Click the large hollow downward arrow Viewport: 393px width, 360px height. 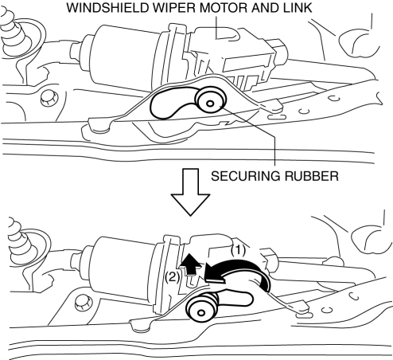click(190, 192)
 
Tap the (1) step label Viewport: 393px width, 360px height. click(238, 250)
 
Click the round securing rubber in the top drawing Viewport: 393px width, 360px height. click(211, 100)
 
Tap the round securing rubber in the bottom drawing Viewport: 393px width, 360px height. click(201, 308)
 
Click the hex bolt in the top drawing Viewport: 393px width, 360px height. click(49, 98)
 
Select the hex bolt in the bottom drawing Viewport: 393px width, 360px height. click(83, 303)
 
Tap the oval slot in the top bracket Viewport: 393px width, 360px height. click(276, 117)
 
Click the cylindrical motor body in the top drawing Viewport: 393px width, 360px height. click(125, 56)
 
